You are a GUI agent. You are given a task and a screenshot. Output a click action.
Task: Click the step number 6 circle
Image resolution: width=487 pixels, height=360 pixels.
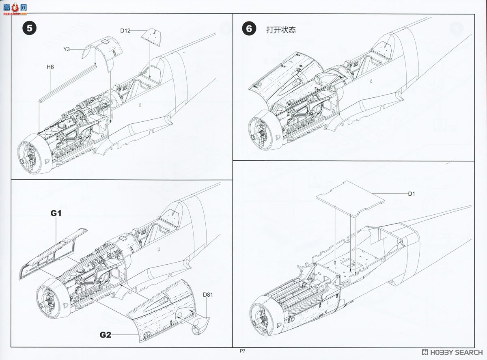click(x=249, y=28)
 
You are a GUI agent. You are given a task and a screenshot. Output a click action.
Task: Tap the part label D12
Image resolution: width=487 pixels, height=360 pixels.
click(x=125, y=31)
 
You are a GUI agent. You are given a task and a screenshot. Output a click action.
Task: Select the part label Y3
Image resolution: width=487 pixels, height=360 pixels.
click(x=67, y=49)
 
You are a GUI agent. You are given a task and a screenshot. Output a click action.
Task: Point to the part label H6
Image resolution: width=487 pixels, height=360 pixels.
click(x=50, y=67)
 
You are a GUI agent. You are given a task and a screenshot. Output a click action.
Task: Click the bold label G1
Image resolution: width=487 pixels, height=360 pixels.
click(x=56, y=213)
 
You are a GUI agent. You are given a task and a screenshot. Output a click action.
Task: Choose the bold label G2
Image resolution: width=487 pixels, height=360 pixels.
click(x=106, y=335)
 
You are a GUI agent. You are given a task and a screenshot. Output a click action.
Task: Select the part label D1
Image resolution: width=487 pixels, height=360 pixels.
click(x=412, y=194)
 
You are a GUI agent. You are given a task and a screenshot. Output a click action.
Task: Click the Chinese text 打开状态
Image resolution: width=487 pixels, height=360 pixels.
click(x=281, y=30)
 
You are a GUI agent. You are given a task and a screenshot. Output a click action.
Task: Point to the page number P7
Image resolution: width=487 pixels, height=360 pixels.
click(x=243, y=352)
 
